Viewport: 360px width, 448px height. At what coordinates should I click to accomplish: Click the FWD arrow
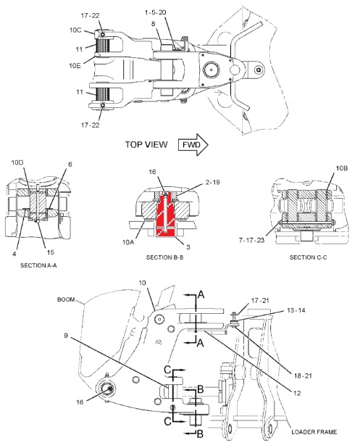point(193,144)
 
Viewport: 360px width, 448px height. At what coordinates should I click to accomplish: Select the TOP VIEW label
point(146,144)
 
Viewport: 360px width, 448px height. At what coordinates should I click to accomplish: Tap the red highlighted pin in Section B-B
point(166,215)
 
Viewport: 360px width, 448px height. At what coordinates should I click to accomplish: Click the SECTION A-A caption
point(38,265)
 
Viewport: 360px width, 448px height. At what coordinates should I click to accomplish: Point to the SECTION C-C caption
point(309,257)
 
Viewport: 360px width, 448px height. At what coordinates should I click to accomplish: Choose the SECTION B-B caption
point(164,257)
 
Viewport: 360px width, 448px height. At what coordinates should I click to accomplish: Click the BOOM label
point(66,299)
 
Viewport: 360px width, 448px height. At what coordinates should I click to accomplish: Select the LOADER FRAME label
point(314,432)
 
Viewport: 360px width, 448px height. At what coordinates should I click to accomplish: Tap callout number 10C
point(75,30)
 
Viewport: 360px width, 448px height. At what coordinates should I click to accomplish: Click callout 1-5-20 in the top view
point(156,12)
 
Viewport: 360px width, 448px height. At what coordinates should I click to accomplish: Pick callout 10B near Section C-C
point(341,168)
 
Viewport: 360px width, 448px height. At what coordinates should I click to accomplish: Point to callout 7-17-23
point(251,240)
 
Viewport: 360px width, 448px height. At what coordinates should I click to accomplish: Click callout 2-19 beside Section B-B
point(213,182)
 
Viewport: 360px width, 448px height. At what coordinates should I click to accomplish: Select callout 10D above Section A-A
point(17,162)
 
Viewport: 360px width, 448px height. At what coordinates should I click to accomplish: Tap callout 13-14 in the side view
point(296,310)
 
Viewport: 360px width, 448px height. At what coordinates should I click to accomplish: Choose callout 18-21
point(303,376)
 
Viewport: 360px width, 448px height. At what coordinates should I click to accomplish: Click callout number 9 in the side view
point(66,335)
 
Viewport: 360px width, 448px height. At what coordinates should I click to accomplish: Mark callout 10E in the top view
point(75,65)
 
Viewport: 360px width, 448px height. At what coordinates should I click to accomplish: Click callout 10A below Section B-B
point(128,242)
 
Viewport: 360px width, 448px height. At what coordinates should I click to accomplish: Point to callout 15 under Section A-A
point(51,252)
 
